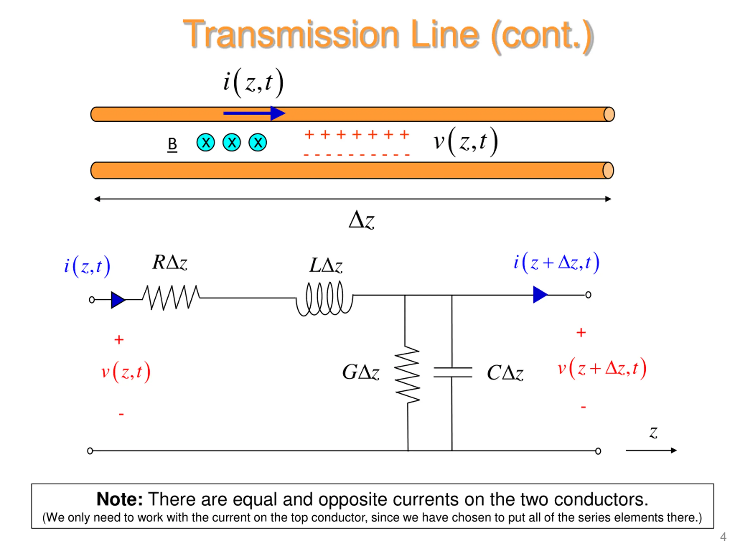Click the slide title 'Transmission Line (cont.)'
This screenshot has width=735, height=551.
coord(388,35)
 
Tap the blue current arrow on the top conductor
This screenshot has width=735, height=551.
coord(254,113)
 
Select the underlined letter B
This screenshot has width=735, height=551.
coord(172,144)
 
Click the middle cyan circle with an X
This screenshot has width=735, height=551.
coord(232,142)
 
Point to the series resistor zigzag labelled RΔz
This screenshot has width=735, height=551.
coord(171,298)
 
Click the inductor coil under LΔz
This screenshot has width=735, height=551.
coord(325,298)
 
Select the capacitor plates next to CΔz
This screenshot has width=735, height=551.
coord(452,372)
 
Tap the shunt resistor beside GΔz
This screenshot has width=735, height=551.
coord(407,375)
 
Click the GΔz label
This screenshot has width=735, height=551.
coord(361,372)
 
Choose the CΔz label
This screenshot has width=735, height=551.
coord(505,373)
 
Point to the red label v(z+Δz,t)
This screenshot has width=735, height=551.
coord(602,368)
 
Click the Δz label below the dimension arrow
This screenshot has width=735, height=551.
coord(361,220)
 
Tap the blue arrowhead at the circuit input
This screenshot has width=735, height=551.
coord(118,300)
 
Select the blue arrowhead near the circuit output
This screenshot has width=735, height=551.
coord(540,295)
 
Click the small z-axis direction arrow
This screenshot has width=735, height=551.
coord(651,450)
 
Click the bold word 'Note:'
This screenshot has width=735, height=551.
coord(120,499)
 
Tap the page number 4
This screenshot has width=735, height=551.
coord(723,537)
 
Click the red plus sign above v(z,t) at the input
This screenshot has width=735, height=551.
coord(119,339)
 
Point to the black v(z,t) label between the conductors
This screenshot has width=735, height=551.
coord(465,141)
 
